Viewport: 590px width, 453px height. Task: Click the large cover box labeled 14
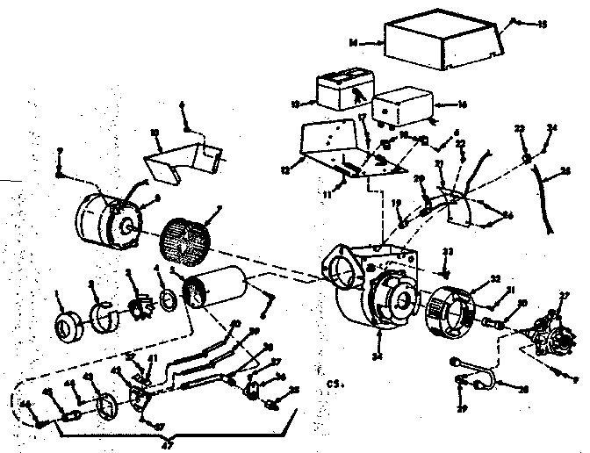pyautogui.click(x=443, y=40)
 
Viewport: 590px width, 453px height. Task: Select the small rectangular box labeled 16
pyautogui.click(x=401, y=106)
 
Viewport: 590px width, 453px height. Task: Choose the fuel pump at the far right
pyautogui.click(x=550, y=324)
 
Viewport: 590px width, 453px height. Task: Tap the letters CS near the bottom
pyautogui.click(x=331, y=384)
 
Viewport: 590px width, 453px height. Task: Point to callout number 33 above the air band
pyautogui.click(x=449, y=252)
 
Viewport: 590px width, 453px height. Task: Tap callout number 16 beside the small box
pyautogui.click(x=461, y=104)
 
